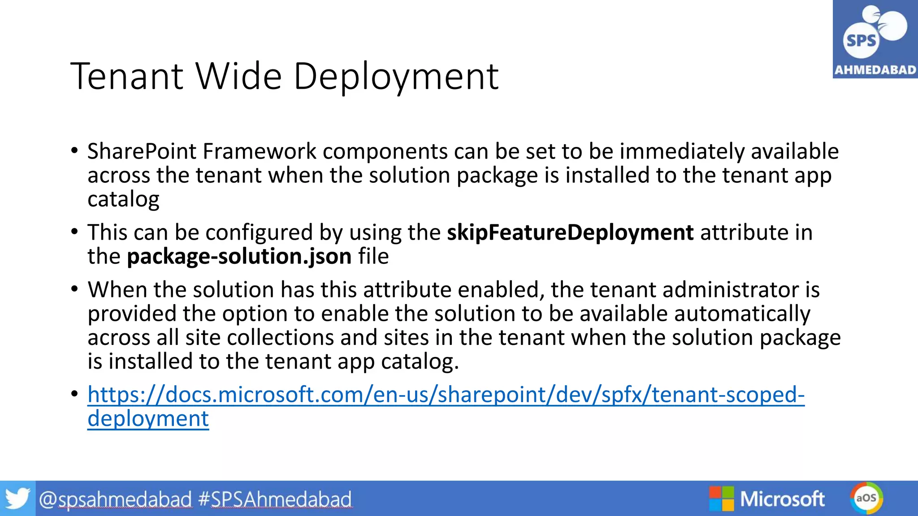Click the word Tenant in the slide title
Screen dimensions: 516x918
pyautogui.click(x=127, y=77)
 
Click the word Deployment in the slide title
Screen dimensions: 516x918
pyautogui.click(x=396, y=77)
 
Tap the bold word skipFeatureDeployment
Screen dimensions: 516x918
pyautogui.click(x=570, y=232)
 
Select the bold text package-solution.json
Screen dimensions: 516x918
pyautogui.click(x=239, y=256)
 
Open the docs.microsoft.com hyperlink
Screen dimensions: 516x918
pyautogui.click(x=446, y=395)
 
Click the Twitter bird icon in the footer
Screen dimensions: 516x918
pyautogui.click(x=17, y=499)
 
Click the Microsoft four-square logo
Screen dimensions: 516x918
pyautogui.click(x=721, y=499)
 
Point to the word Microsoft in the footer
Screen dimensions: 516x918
pyautogui.click(x=782, y=499)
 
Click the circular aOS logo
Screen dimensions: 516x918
pyautogui.click(x=866, y=498)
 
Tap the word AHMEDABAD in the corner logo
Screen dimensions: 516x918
pyautogui.click(x=875, y=70)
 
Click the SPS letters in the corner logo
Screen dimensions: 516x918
pyautogui.click(x=860, y=41)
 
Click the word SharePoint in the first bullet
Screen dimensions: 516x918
pyautogui.click(x=142, y=151)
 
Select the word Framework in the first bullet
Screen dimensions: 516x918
pyautogui.click(x=260, y=151)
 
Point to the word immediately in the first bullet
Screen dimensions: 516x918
pyautogui.click(x=682, y=151)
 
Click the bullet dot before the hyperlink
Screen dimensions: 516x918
pyautogui.click(x=74, y=394)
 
